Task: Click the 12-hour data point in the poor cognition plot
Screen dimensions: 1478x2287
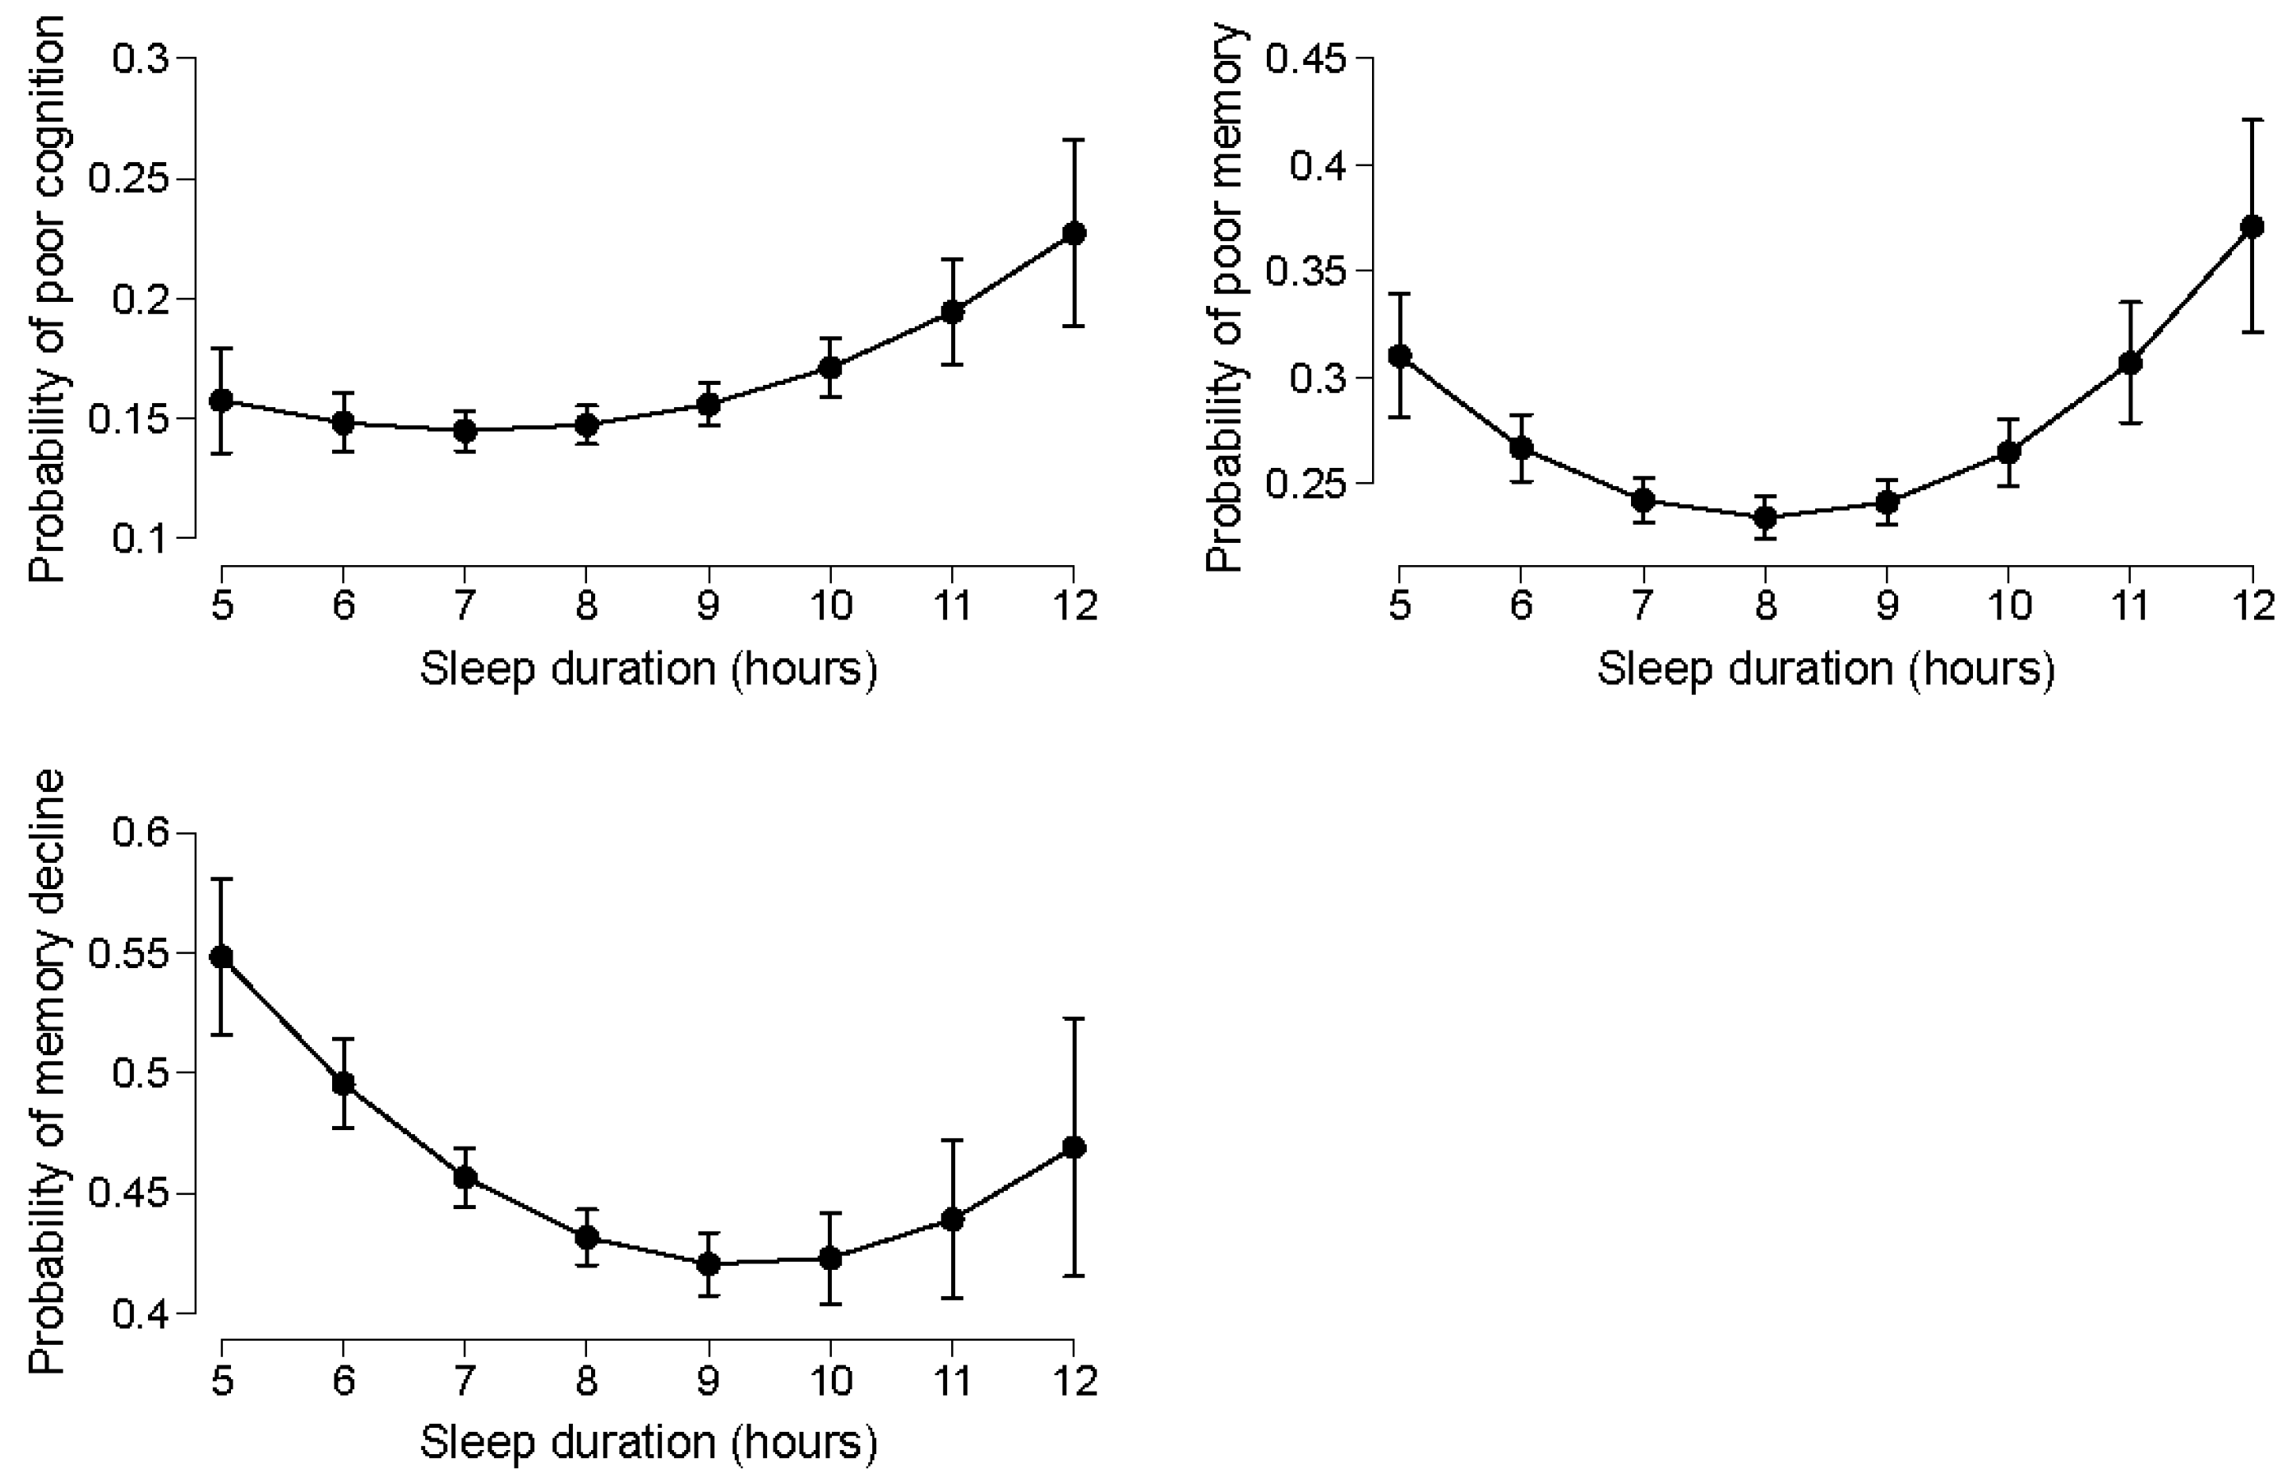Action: [x=1074, y=234]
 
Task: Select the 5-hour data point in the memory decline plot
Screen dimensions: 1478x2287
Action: [x=222, y=957]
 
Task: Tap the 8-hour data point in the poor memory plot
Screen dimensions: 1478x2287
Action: [x=1764, y=518]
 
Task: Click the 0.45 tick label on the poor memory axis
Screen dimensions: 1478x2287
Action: [x=1305, y=59]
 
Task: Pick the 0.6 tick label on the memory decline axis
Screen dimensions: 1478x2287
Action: [x=140, y=833]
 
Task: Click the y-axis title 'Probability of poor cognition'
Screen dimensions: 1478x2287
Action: [x=46, y=298]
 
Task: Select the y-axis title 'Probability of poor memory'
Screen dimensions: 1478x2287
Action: [x=1224, y=298]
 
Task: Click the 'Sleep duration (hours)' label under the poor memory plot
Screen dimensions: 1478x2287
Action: [x=1826, y=669]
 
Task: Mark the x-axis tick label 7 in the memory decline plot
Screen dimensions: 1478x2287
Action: [x=465, y=1380]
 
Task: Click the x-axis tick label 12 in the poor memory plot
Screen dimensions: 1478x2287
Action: [x=2251, y=605]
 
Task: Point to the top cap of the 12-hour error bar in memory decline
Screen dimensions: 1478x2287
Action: [x=1074, y=1018]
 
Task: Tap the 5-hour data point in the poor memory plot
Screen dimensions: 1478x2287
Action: [x=1400, y=356]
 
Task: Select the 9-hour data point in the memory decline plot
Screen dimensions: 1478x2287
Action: [x=709, y=1264]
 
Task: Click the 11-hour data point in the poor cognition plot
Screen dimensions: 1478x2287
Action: [x=952, y=312]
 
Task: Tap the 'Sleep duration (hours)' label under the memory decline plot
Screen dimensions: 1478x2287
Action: [x=649, y=1443]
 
